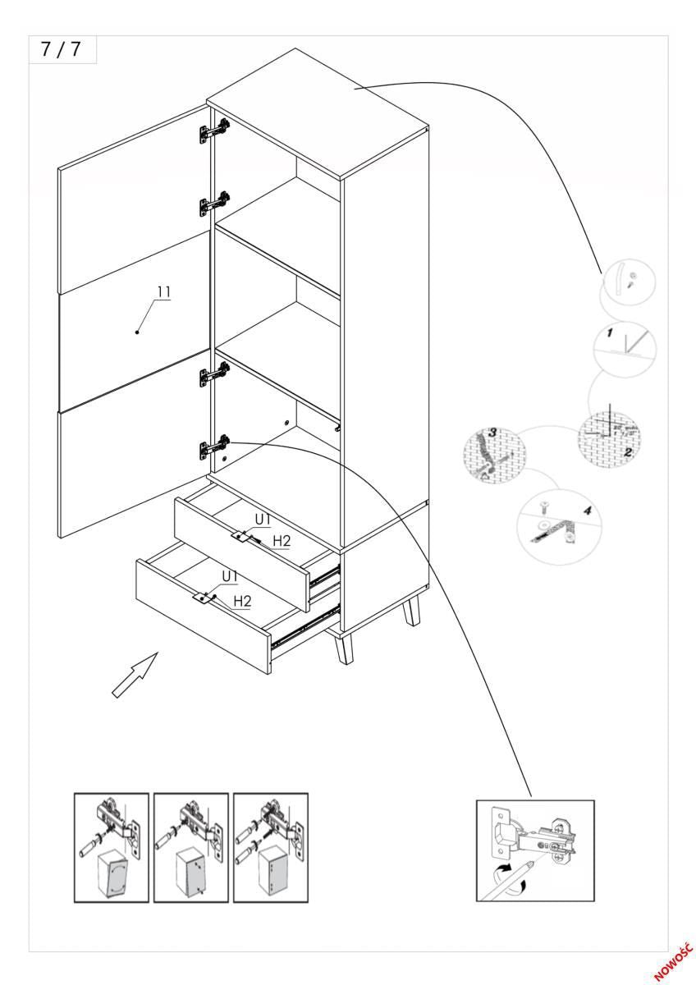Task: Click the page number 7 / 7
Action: point(62,49)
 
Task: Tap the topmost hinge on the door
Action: point(213,130)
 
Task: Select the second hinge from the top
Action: point(213,203)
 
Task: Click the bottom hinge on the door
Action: point(213,447)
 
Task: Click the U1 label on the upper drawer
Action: point(263,520)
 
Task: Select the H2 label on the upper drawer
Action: point(282,540)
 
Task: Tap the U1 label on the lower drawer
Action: point(229,577)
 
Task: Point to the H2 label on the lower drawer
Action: point(242,602)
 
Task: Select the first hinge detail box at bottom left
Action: point(112,847)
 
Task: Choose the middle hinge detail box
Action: point(191,847)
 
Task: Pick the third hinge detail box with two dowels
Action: point(271,847)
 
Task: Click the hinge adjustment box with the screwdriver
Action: point(535,850)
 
